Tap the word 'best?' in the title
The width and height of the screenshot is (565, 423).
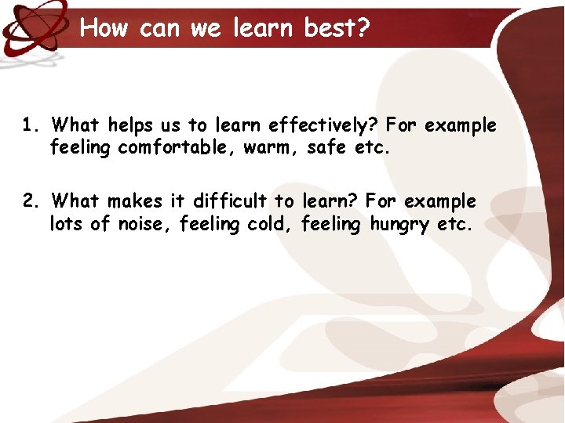click(337, 28)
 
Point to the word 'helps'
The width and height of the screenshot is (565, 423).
click(131, 125)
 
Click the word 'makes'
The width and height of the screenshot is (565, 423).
click(133, 201)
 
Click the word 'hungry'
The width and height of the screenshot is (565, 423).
click(400, 225)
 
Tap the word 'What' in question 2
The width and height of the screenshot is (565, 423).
click(75, 201)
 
